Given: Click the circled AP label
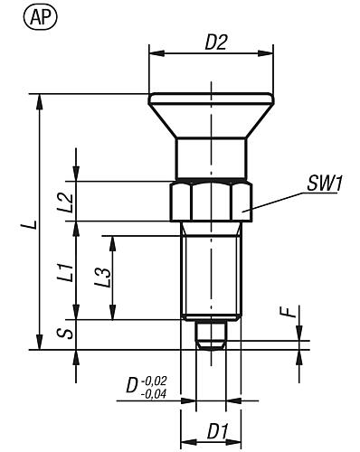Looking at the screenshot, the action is coord(40,18).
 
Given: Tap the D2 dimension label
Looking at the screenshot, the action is coord(215,42).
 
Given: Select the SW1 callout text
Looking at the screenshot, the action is coord(325,184).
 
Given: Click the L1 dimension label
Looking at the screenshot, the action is coord(66,273).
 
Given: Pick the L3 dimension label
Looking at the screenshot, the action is coord(103,277).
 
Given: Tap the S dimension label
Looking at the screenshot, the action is coord(66,334).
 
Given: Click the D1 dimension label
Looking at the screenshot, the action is coord(218,431).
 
